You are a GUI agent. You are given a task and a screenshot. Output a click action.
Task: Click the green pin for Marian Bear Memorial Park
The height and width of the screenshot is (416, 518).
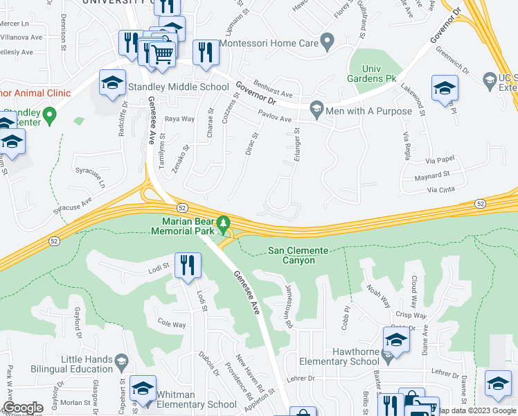click(x=223, y=224)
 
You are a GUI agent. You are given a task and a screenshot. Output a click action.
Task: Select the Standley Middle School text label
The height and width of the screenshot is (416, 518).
click(x=179, y=87)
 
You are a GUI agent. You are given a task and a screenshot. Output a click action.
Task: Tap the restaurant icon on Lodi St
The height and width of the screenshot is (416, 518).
click(x=188, y=266)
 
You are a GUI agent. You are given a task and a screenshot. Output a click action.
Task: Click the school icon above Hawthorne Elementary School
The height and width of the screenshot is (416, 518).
click(x=396, y=340)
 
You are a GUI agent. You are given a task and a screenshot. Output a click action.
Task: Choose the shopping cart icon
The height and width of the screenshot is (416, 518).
click(x=162, y=53)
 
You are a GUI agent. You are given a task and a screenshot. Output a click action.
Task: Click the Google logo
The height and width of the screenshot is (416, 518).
click(x=23, y=408)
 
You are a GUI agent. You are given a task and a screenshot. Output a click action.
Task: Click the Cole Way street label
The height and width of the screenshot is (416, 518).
click(x=172, y=324)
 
